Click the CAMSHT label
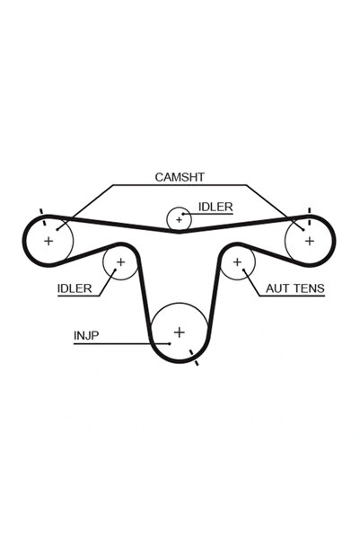tap(180, 177)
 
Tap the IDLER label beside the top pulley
tap(215, 207)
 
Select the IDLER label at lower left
tap(75, 288)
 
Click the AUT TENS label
tap(295, 288)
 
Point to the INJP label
tap(86, 335)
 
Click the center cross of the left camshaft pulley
tap(48, 241)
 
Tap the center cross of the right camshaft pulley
tap(310, 241)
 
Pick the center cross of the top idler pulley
tap(179, 219)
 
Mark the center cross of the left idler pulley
tap(120, 262)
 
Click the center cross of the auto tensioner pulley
tap(237, 262)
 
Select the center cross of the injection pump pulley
tap(180, 332)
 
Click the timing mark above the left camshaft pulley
tap(42, 217)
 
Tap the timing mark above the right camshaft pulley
tap(310, 217)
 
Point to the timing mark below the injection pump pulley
tap(194, 358)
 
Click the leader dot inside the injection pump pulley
tap(170, 343)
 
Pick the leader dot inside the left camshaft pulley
tap(57, 229)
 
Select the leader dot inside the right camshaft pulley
tap(303, 230)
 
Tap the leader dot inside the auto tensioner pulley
tap(243, 270)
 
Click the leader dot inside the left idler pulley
tap(115, 270)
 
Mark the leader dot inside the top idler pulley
tap(183, 214)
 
